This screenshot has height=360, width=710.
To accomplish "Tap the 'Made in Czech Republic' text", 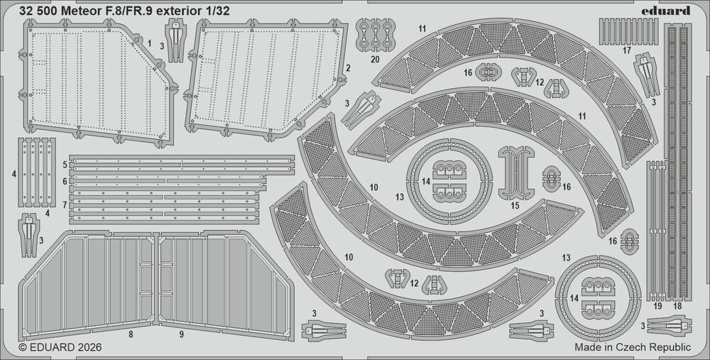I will click(632, 347).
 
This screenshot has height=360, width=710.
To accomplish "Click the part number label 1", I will click(150, 43).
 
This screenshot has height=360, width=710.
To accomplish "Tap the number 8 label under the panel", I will click(131, 332).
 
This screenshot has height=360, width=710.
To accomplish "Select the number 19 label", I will click(657, 306).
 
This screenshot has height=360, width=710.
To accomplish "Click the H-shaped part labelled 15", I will click(515, 172).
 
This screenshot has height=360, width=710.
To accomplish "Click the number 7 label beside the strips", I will click(65, 204).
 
